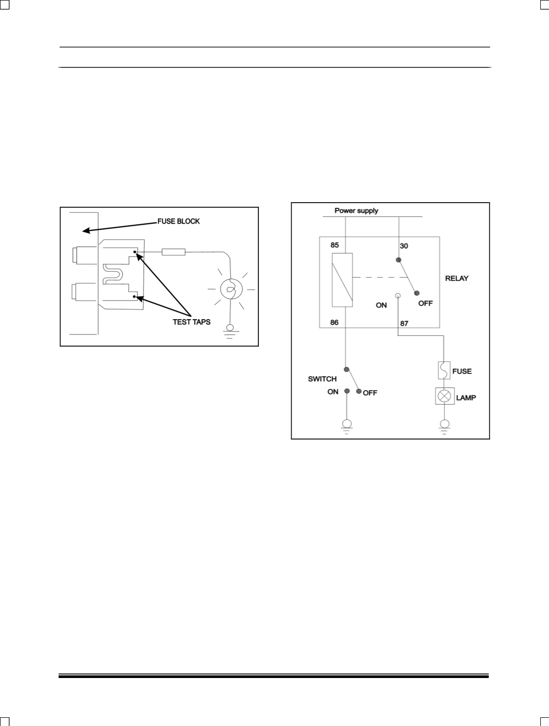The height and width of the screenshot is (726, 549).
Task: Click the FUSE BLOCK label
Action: (178, 221)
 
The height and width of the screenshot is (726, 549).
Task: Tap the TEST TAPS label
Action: (192, 322)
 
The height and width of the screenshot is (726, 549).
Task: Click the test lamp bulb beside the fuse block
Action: (231, 289)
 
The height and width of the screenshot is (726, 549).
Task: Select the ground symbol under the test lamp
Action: (229, 332)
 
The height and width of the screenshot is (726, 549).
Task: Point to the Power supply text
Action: (356, 211)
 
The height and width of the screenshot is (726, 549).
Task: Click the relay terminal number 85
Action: (335, 245)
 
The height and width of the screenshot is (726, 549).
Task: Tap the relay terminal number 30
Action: (404, 246)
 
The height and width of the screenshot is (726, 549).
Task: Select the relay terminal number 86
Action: (335, 323)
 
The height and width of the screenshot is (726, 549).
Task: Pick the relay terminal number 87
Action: (404, 324)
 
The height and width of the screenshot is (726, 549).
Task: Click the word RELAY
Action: (457, 278)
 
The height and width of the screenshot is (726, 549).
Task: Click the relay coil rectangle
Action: (342, 280)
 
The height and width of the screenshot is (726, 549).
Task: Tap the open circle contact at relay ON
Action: (398, 296)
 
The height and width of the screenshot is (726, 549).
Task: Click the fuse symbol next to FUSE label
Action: (444, 371)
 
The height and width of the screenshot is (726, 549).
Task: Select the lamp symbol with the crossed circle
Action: (444, 396)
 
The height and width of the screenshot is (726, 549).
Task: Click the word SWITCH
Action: (322, 379)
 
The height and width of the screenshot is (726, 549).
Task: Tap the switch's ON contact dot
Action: (347, 391)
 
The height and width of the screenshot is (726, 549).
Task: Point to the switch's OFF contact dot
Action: (359, 391)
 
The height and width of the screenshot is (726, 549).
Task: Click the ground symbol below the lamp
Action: (444, 426)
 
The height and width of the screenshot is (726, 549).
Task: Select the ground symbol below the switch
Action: (347, 426)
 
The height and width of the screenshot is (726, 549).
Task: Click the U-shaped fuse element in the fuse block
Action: (113, 274)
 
